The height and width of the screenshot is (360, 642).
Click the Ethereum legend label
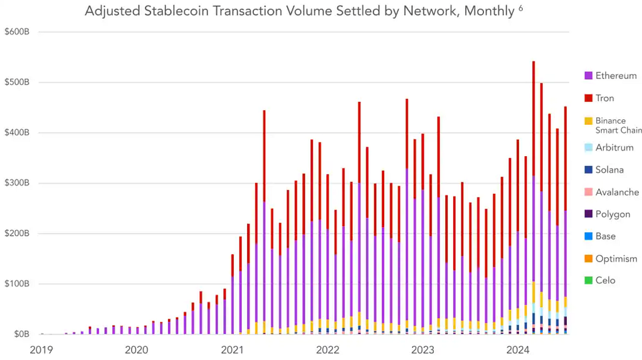616,76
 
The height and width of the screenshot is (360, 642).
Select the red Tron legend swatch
588,98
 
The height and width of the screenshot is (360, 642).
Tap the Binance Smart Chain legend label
618,125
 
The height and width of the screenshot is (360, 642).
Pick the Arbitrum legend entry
614,148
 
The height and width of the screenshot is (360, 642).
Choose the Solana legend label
609,170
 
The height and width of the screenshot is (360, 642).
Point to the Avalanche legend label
617,193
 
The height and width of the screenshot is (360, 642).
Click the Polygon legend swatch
588,214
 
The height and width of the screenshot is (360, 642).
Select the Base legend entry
605,236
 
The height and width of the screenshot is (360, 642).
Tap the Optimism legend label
616,259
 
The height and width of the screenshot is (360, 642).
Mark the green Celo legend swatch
588,281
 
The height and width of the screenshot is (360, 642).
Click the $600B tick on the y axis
19,32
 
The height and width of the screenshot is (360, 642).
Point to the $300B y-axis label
19,183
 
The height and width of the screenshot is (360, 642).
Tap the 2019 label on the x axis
41,349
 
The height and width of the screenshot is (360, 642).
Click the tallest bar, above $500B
534,188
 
